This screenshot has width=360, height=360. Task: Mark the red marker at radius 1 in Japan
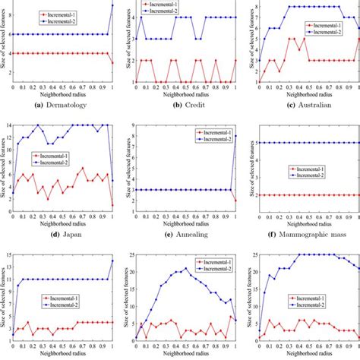pyautogui.click(x=112, y=205)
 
